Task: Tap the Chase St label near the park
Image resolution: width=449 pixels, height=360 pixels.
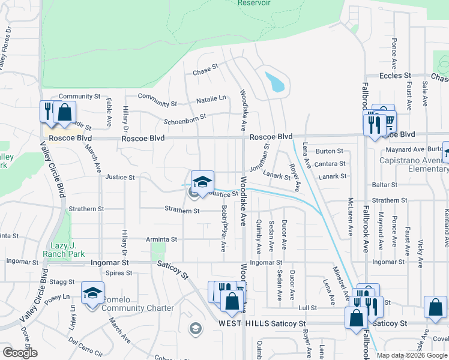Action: click(x=205, y=71)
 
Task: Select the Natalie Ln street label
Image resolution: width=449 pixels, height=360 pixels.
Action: click(x=214, y=98)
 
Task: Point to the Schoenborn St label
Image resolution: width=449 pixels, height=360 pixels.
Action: click(x=187, y=117)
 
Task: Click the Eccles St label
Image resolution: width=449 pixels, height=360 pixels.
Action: click(x=395, y=76)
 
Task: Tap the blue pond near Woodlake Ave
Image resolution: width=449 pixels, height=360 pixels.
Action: click(x=276, y=82)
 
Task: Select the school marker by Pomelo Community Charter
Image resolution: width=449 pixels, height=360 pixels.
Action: click(x=92, y=294)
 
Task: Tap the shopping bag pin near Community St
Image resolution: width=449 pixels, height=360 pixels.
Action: click(x=64, y=112)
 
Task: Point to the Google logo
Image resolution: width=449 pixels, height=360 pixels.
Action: click(x=20, y=353)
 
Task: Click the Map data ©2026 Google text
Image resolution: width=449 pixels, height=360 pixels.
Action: click(x=411, y=355)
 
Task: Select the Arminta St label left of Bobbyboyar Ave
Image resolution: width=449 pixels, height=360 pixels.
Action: click(x=161, y=239)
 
